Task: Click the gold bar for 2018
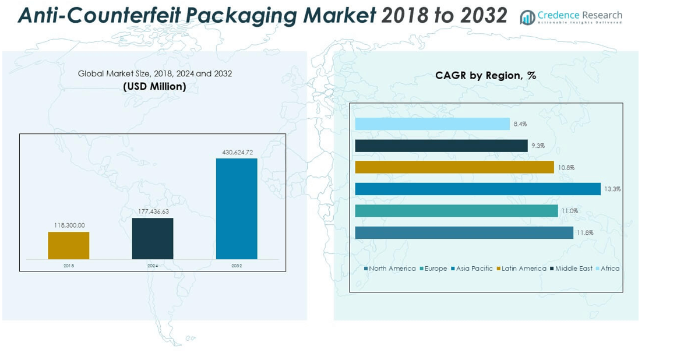(x=69, y=245)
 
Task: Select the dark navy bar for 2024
(x=153, y=238)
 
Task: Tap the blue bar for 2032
(x=237, y=209)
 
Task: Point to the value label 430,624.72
(x=237, y=152)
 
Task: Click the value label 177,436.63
(x=153, y=211)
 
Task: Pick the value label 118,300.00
(x=69, y=225)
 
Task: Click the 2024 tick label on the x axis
(x=153, y=266)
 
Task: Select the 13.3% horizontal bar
(x=478, y=189)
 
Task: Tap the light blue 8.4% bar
(x=432, y=124)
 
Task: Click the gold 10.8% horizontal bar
(x=454, y=167)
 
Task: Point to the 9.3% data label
(x=537, y=146)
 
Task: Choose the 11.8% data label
(x=584, y=233)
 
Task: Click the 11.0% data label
(x=569, y=211)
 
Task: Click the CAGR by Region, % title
(x=485, y=75)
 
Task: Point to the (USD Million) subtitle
(x=154, y=86)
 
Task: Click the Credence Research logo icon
(x=527, y=17)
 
